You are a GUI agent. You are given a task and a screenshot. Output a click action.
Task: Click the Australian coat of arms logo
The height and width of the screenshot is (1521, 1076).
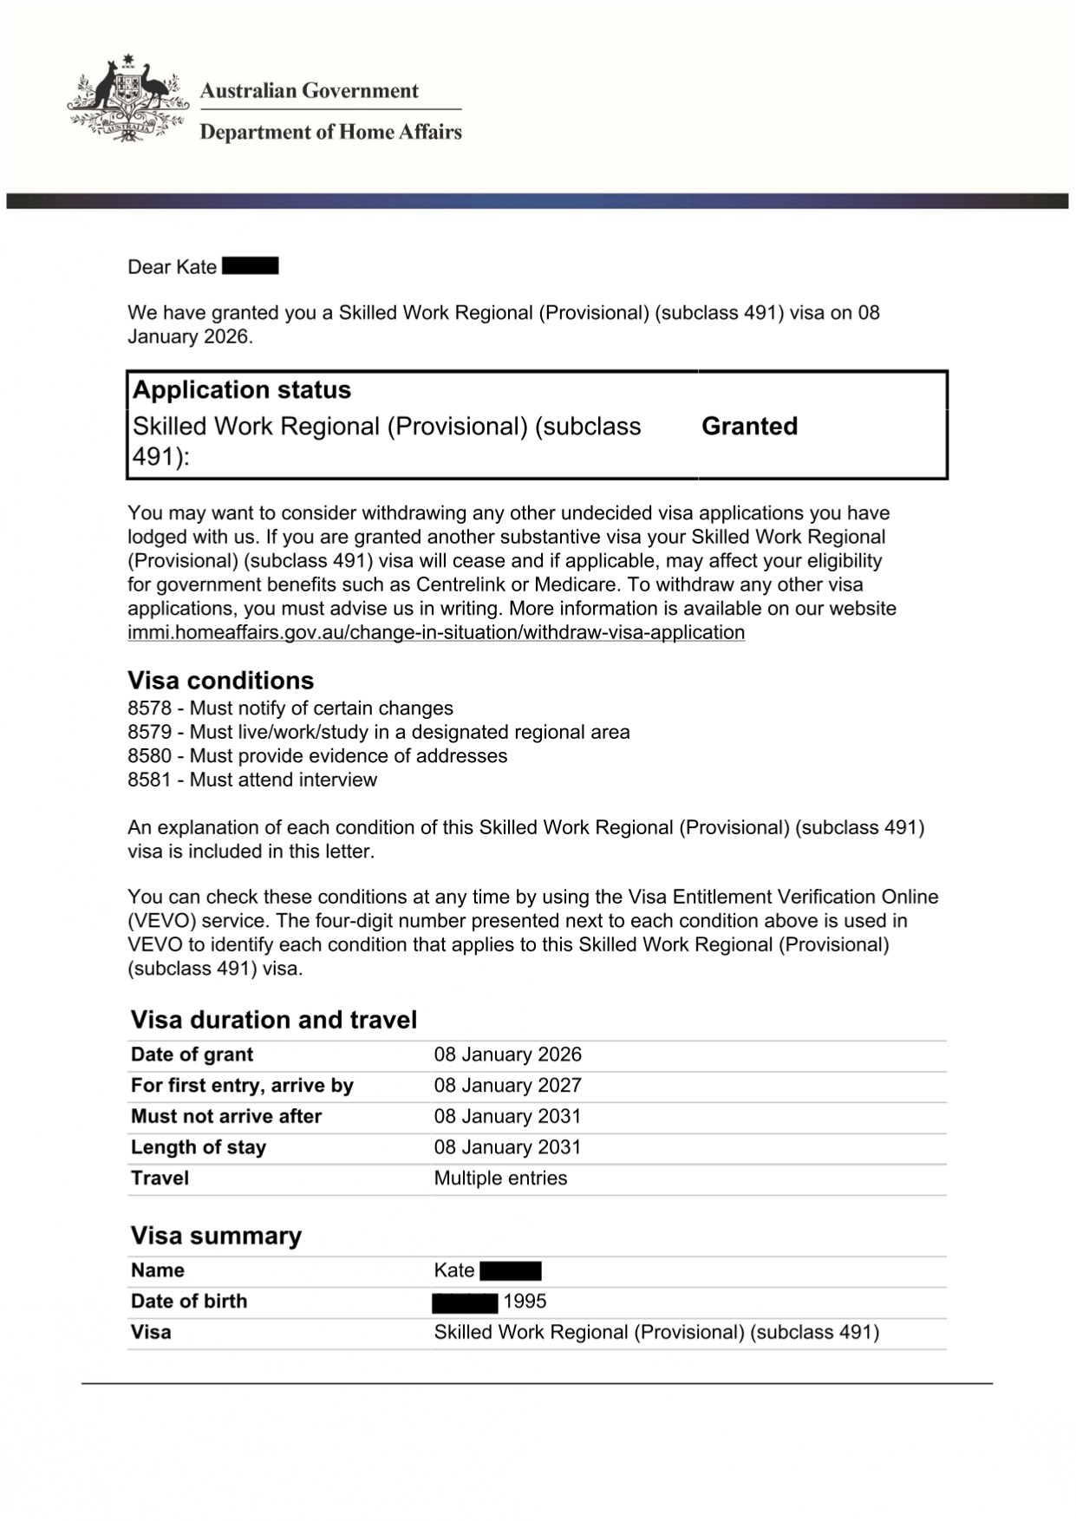point(127,100)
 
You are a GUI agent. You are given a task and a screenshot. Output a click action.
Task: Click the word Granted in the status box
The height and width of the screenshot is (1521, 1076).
point(749,426)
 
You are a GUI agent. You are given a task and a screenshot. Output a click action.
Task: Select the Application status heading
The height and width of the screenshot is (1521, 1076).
point(242,390)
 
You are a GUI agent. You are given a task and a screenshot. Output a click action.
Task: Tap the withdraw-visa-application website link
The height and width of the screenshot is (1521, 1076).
point(436,632)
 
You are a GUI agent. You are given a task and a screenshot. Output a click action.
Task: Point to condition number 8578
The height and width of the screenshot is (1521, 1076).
point(149,708)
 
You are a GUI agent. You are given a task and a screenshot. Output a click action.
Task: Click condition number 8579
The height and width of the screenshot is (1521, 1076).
point(149,732)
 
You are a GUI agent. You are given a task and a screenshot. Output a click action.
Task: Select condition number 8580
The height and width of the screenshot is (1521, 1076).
point(149,756)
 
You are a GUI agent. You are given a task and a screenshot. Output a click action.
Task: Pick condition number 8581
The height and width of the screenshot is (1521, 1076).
point(149,780)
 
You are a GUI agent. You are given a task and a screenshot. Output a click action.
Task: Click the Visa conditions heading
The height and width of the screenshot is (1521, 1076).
point(220,680)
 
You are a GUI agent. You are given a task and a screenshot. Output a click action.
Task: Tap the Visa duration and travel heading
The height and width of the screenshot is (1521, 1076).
point(274,1020)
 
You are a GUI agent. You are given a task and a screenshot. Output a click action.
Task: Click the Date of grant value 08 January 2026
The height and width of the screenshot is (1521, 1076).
point(507,1054)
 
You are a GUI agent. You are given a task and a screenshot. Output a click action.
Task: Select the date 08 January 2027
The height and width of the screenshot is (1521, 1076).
point(507,1086)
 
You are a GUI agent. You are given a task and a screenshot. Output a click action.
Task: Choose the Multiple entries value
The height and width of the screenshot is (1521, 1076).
point(500,1178)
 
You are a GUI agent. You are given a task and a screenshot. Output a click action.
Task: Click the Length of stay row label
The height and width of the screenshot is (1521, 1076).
point(199,1147)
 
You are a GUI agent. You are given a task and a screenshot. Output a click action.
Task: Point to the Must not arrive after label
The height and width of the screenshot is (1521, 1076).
point(226,1116)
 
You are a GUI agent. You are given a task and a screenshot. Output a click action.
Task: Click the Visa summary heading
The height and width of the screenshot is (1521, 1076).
point(216,1236)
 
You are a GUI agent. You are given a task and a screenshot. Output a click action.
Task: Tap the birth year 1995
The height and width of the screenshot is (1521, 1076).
point(525,1302)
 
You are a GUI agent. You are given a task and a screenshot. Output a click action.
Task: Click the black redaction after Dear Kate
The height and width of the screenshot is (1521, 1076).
point(251,266)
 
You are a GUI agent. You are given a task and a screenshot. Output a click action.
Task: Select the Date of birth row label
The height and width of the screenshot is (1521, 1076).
point(189,1302)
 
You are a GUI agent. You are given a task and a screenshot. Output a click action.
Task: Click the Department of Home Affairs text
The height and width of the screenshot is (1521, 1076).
point(330,132)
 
